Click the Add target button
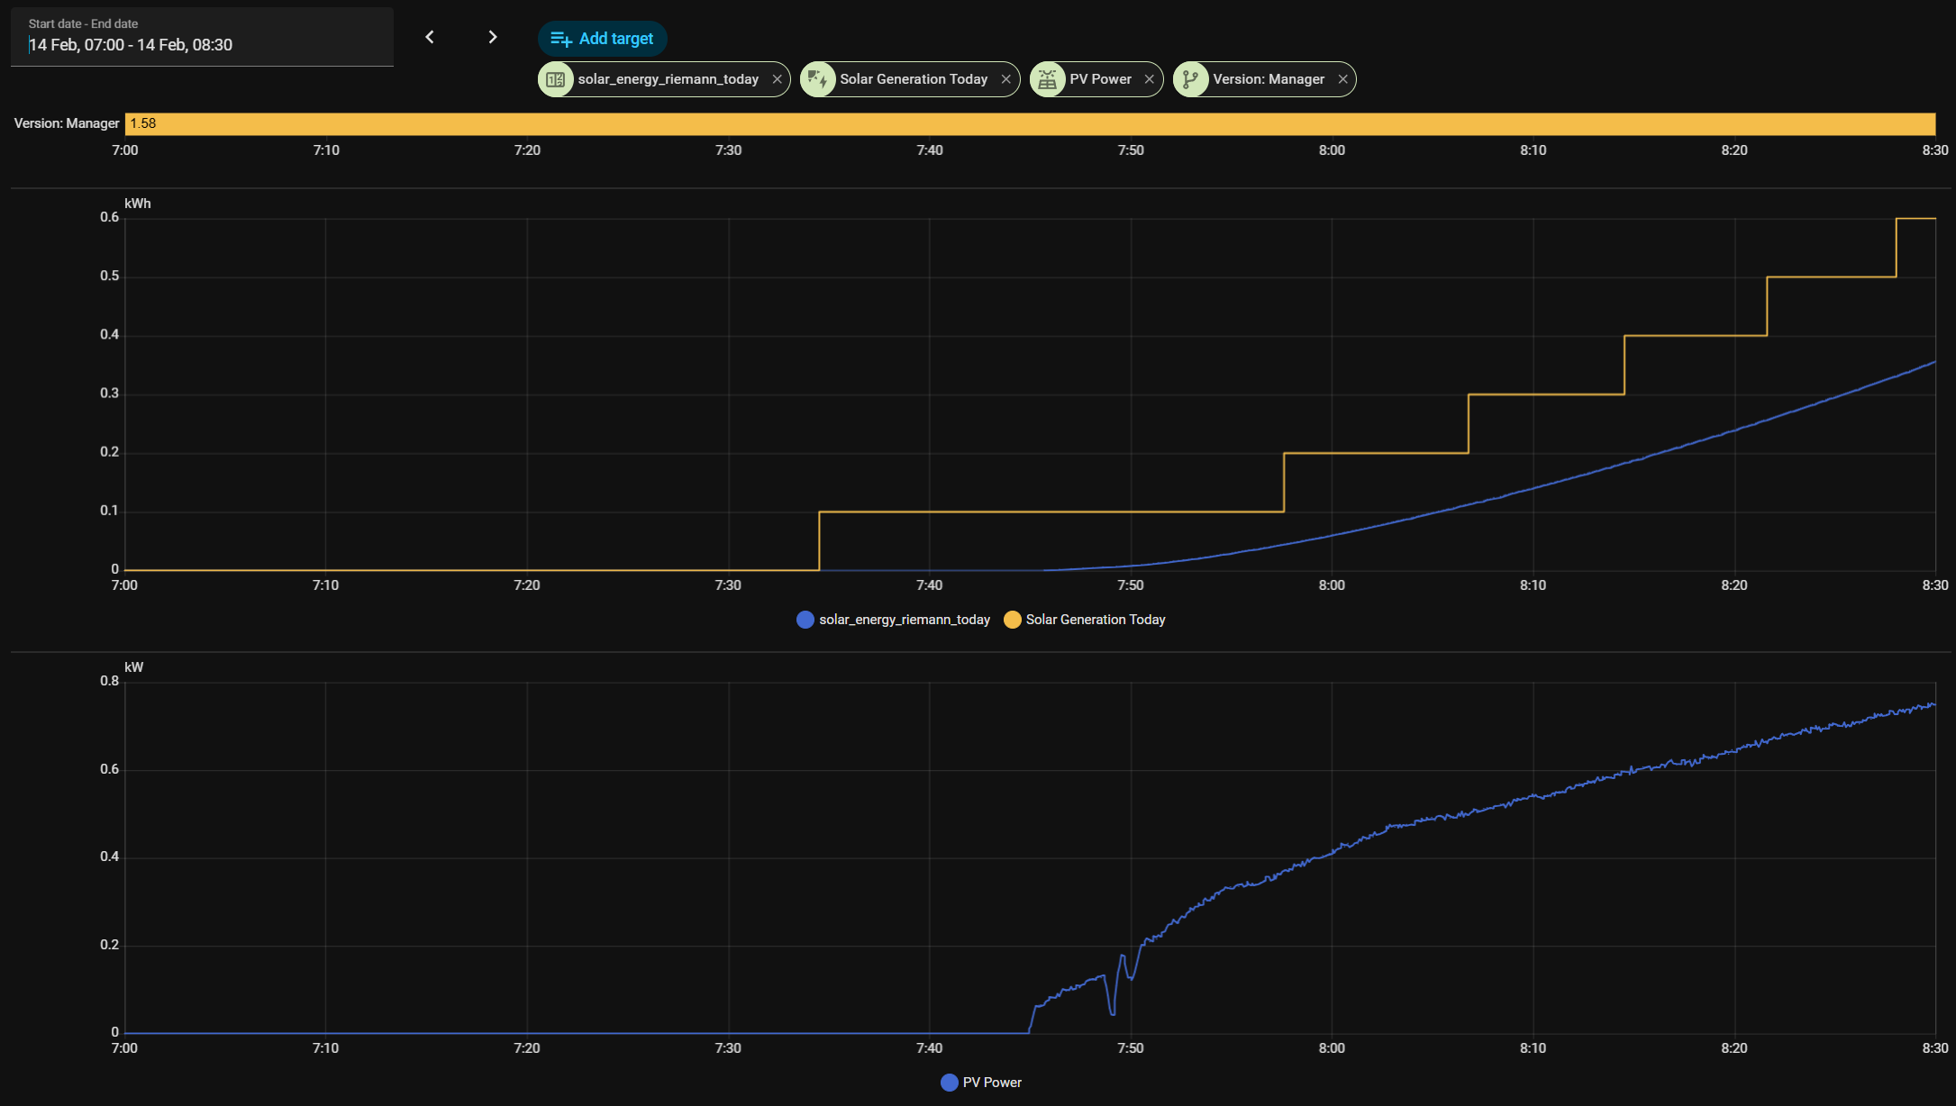pyautogui.click(x=602, y=39)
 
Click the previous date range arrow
pyautogui.click(x=430, y=37)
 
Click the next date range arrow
pyautogui.click(x=492, y=37)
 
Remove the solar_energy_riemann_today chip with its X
pyautogui.click(x=777, y=79)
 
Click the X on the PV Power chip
pyautogui.click(x=1149, y=79)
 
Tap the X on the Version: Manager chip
pyautogui.click(x=1342, y=79)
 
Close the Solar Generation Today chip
pyautogui.click(x=1005, y=79)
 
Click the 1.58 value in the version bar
pyautogui.click(x=143, y=123)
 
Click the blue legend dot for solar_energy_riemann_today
pyautogui.click(x=805, y=620)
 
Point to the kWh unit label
pyautogui.click(x=138, y=204)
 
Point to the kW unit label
pyautogui.click(x=134, y=667)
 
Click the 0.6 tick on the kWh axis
pyautogui.click(x=110, y=217)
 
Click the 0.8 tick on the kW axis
pyautogui.click(x=110, y=681)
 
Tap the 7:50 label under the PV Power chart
pyautogui.click(x=1130, y=1048)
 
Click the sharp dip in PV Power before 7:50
pyautogui.click(x=1113, y=1012)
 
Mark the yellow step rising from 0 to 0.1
pyautogui.click(x=819, y=540)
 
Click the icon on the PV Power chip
pyautogui.click(x=1047, y=79)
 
